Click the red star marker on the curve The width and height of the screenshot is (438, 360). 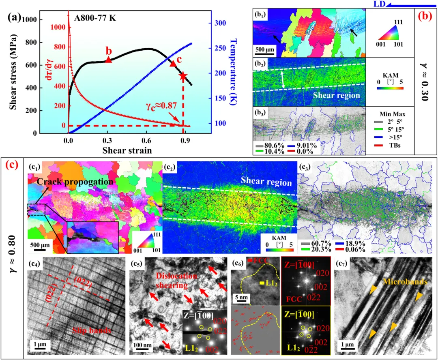pos(183,76)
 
